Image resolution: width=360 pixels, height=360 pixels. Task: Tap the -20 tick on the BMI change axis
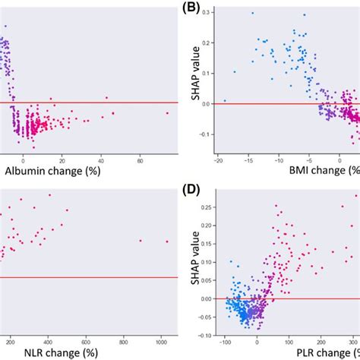[x=217, y=160]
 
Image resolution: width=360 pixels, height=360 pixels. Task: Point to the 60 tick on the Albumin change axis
[x=140, y=160]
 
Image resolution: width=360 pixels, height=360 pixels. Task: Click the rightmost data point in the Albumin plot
[x=168, y=113]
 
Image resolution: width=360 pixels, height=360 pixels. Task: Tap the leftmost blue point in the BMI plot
[x=225, y=100]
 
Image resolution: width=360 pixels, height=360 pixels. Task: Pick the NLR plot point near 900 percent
[x=141, y=241]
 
